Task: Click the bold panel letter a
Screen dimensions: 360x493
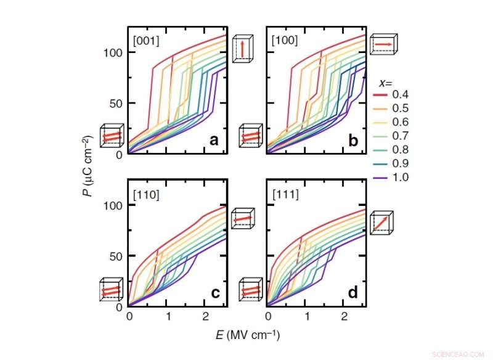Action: (x=214, y=140)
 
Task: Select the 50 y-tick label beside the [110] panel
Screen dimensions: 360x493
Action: (x=115, y=256)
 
